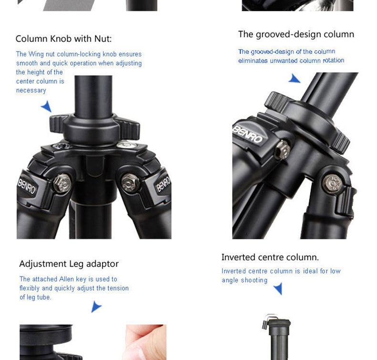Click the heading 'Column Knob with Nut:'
tap(64, 39)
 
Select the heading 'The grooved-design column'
tap(296, 35)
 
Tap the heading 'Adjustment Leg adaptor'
tap(69, 264)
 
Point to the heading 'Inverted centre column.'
tap(270, 257)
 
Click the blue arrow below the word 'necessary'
tap(47, 106)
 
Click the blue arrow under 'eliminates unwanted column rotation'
tap(294, 79)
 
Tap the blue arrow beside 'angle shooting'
tap(278, 288)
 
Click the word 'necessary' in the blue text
tap(31, 91)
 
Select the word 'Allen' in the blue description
tap(66, 279)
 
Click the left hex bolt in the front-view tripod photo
tap(62, 183)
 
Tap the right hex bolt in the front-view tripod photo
tap(130, 183)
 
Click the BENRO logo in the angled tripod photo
tap(247, 135)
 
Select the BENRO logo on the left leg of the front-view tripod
tap(27, 186)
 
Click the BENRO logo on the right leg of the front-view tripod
tap(163, 184)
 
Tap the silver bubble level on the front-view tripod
tap(126, 144)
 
